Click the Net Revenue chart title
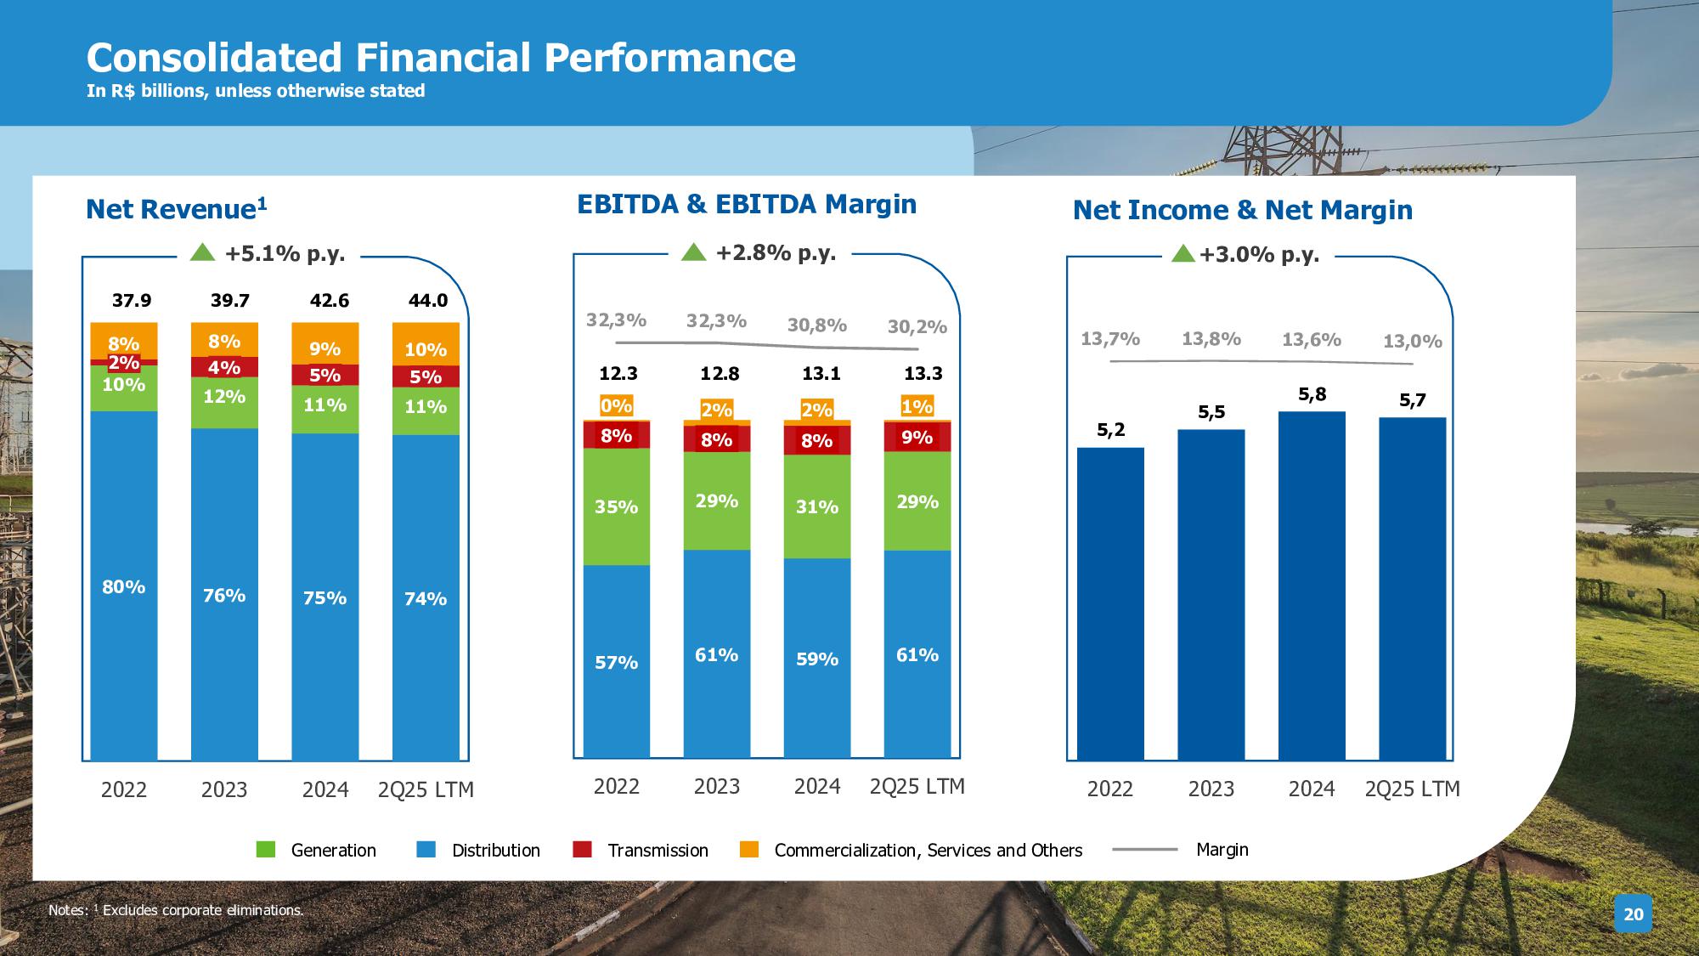(x=177, y=209)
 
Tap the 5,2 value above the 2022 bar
(x=1110, y=430)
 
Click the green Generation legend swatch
(x=266, y=849)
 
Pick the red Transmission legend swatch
(x=582, y=849)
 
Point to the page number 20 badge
(x=1633, y=914)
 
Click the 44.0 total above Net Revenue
(x=428, y=301)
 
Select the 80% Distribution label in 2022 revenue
(x=124, y=587)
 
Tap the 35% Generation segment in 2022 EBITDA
(x=616, y=507)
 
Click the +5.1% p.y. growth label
(x=285, y=254)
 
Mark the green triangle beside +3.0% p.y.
(x=1183, y=253)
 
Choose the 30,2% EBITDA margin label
(x=917, y=327)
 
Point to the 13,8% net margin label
(x=1211, y=339)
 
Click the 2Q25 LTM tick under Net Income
(x=1412, y=789)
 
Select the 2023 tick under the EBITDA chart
(x=716, y=787)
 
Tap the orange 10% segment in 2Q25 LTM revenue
(x=426, y=344)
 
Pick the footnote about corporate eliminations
(x=176, y=910)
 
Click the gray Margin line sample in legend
(x=1144, y=849)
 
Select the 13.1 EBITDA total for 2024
(x=820, y=374)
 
